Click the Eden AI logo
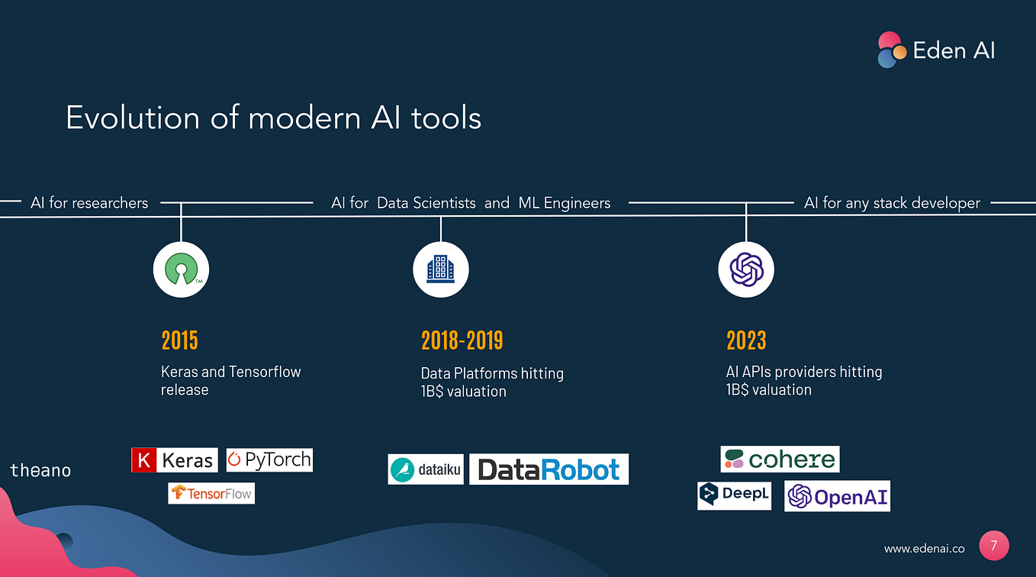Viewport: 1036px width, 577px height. (936, 50)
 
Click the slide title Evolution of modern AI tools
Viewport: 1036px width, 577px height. (273, 118)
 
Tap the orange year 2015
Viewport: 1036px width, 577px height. (180, 340)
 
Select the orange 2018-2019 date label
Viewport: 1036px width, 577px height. (462, 340)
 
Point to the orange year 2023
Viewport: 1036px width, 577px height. (745, 340)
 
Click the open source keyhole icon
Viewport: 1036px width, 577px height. (181, 269)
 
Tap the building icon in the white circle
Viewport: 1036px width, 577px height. (440, 269)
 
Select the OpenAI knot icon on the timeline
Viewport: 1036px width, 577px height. (746, 269)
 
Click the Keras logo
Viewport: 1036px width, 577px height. (174, 460)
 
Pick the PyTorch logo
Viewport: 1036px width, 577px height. (269, 459)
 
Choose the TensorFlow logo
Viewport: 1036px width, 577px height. (211, 493)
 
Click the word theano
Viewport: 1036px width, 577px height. (40, 470)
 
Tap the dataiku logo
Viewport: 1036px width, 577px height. (425, 470)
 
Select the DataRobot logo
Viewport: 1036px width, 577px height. (549, 469)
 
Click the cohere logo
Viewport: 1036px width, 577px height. (780, 459)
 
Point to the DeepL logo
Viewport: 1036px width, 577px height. (734, 495)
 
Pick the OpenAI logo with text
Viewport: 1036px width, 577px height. (837, 497)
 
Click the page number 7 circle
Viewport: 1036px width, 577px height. (993, 546)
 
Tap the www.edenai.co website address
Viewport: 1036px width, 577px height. (924, 549)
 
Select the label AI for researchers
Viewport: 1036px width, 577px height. (89, 203)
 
